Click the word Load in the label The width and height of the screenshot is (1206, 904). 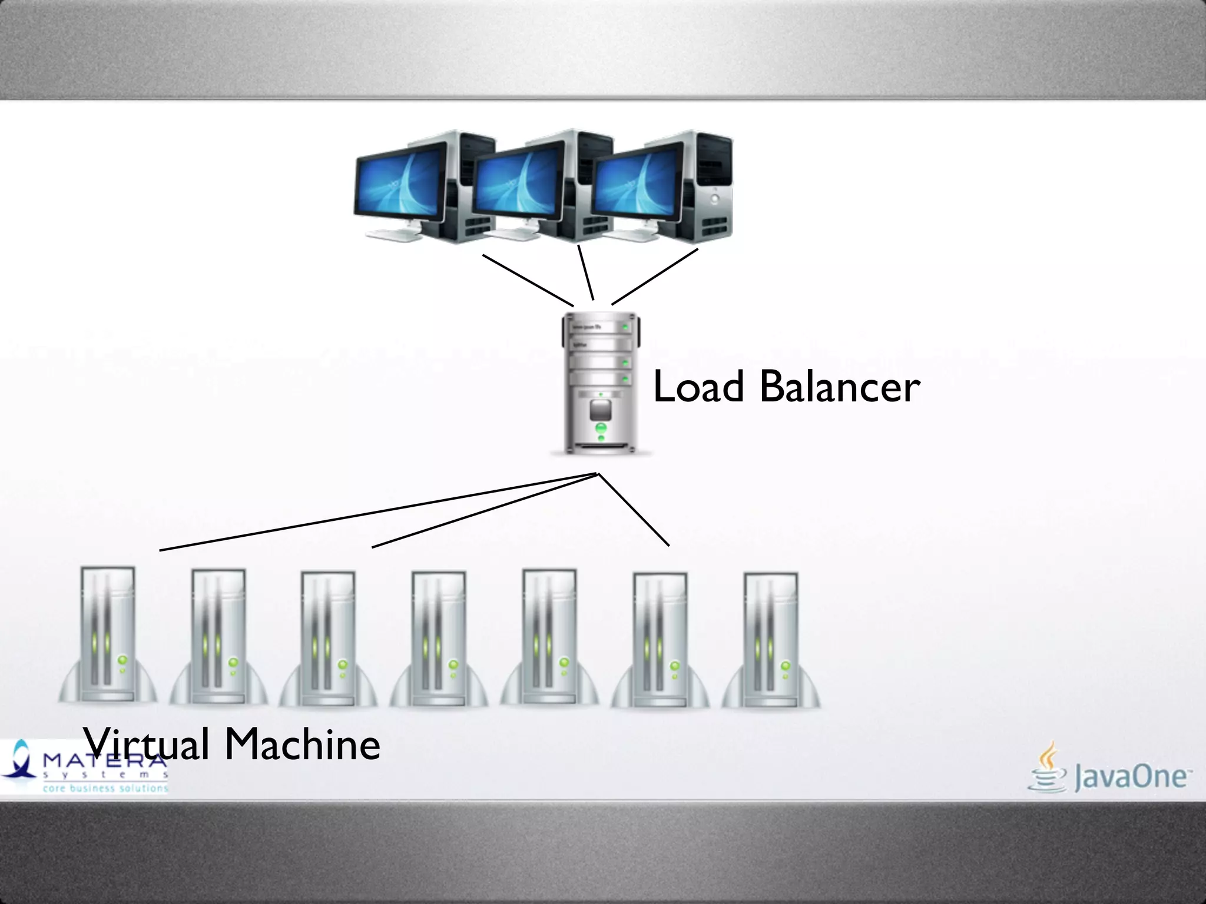(698, 387)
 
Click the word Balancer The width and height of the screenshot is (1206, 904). (840, 387)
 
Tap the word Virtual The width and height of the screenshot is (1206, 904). (146, 744)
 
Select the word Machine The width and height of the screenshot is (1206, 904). (303, 744)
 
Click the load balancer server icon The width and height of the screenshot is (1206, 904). (601, 383)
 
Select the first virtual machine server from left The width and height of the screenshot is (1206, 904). (108, 636)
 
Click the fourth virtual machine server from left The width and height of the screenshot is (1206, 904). (439, 639)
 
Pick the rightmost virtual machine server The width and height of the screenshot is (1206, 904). (771, 640)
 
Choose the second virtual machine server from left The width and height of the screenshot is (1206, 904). (218, 637)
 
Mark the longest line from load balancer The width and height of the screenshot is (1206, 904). (377, 512)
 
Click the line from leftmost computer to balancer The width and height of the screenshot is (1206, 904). (528, 280)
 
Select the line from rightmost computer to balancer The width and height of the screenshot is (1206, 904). (655, 277)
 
